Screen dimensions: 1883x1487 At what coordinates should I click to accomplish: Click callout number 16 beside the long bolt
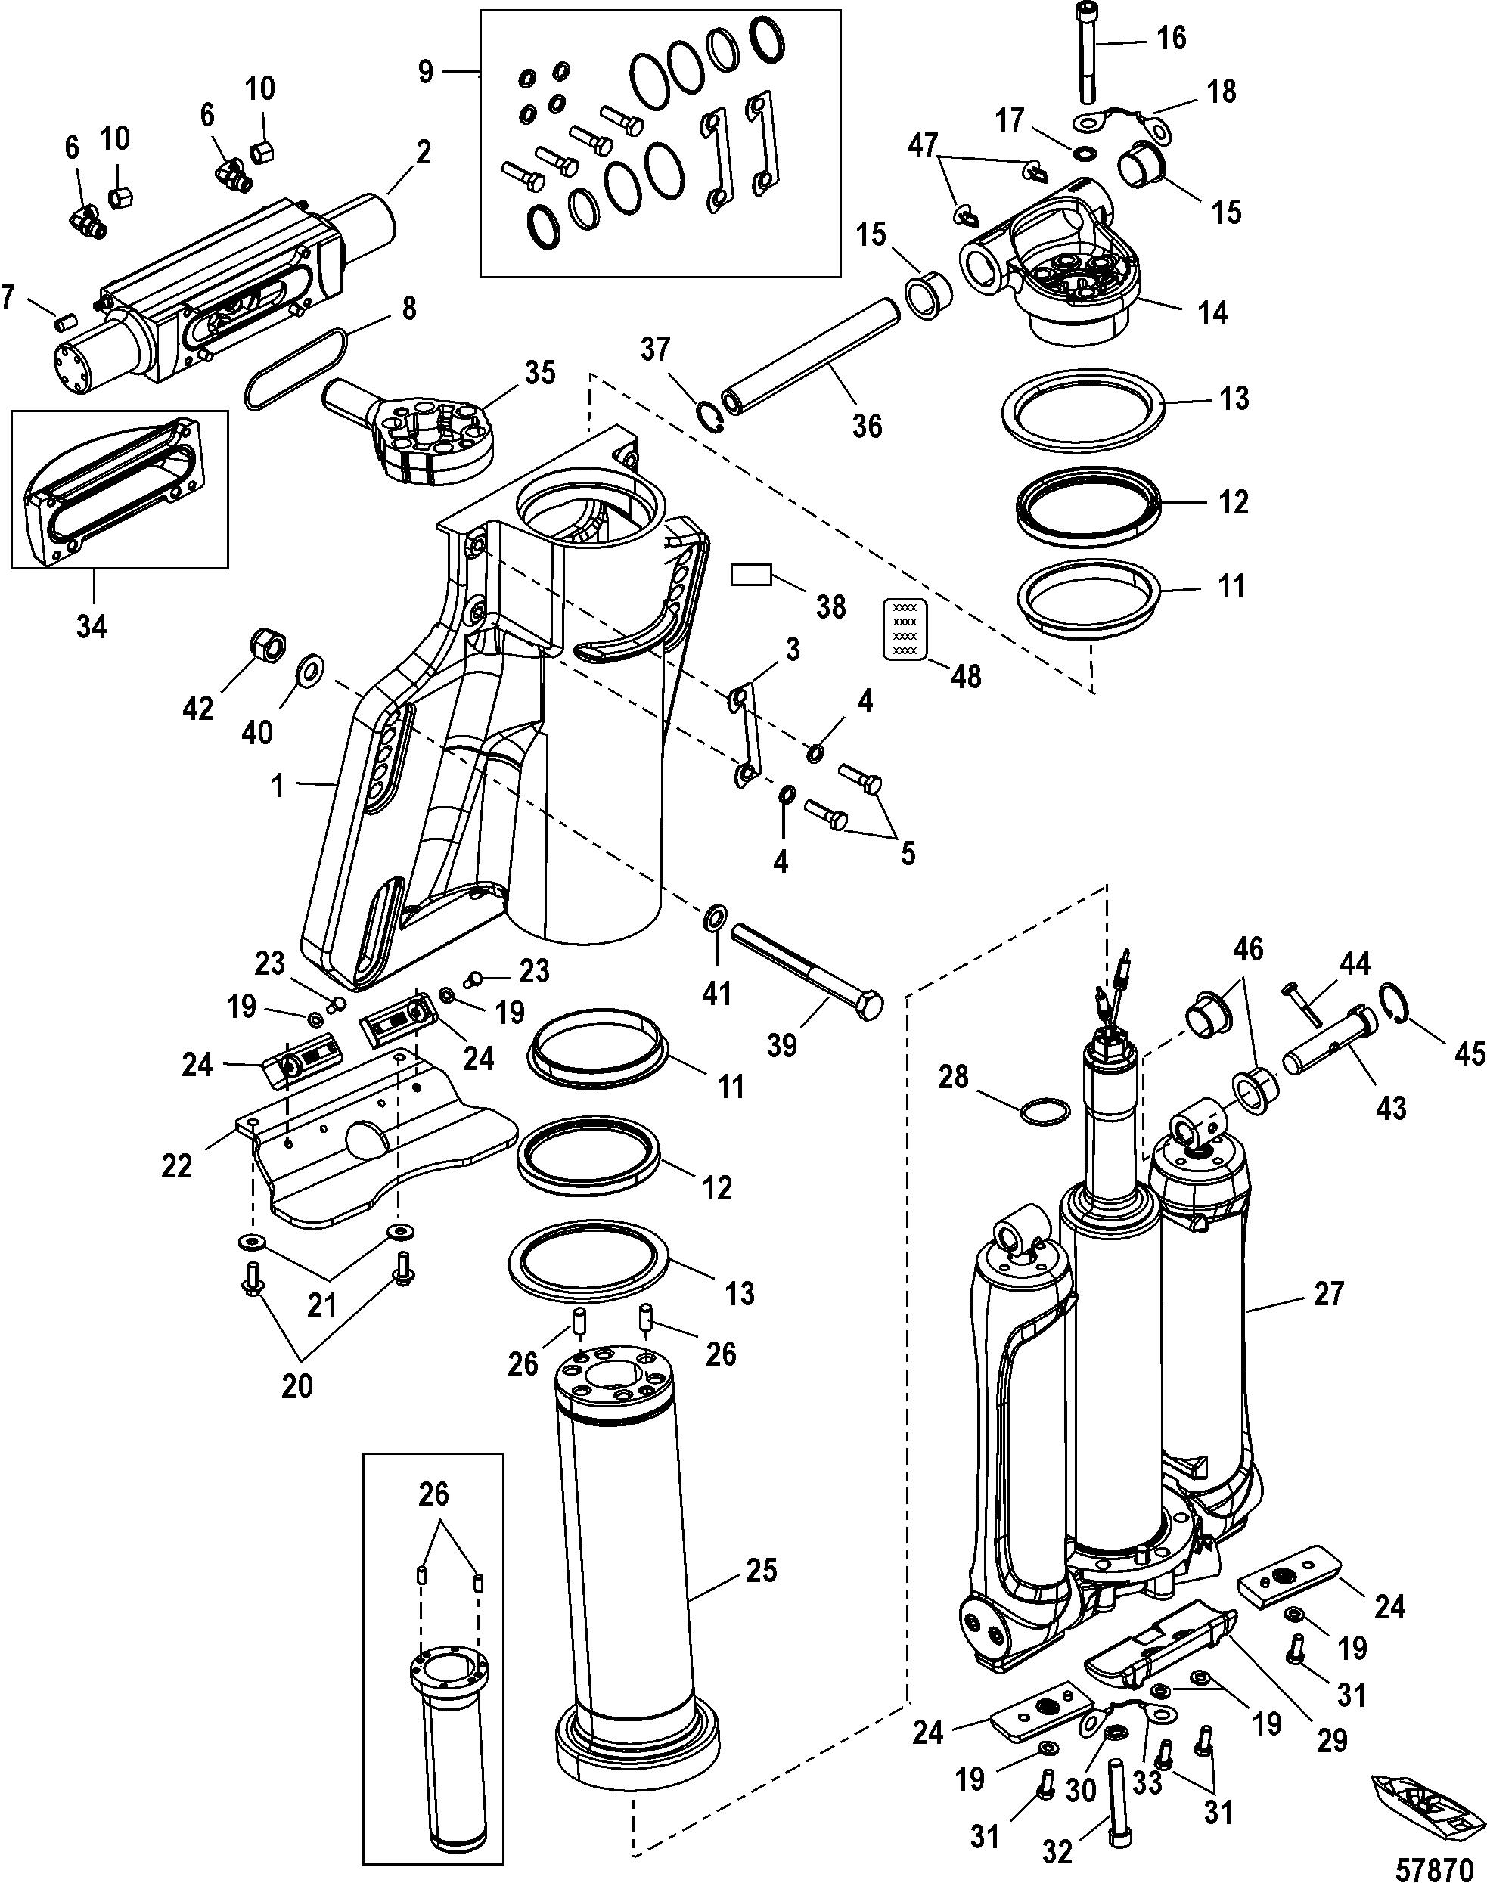(1171, 39)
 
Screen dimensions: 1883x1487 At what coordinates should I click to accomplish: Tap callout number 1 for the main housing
(278, 786)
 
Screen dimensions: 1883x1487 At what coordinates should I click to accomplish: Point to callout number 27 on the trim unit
(1329, 1318)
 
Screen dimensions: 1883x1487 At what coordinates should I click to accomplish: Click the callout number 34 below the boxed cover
(92, 625)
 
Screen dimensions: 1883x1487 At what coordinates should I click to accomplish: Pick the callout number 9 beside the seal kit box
(425, 71)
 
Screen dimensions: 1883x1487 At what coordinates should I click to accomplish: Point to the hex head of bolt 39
(871, 1007)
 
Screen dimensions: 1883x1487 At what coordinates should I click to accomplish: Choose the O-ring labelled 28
(1045, 1112)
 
